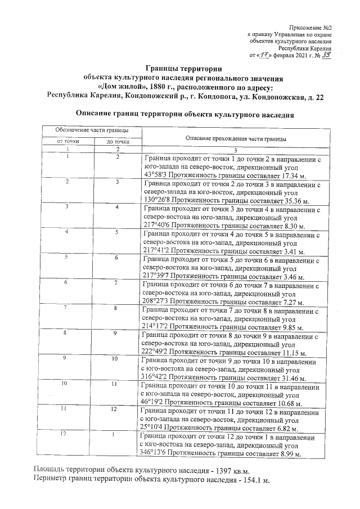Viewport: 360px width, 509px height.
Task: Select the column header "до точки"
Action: [x=118, y=141]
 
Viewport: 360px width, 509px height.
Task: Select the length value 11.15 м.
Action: [x=291, y=354]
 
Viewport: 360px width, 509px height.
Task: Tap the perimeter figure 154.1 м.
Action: [x=253, y=481]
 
